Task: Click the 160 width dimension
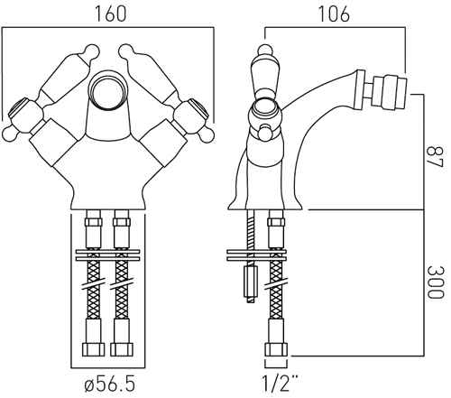click(x=111, y=14)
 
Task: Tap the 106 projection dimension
click(x=334, y=14)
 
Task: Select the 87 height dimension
click(x=435, y=156)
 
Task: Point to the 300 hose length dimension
click(x=435, y=282)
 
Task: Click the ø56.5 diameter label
click(x=110, y=384)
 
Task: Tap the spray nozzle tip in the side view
click(x=390, y=91)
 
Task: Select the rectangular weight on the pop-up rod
click(x=252, y=282)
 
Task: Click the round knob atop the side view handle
click(x=265, y=50)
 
